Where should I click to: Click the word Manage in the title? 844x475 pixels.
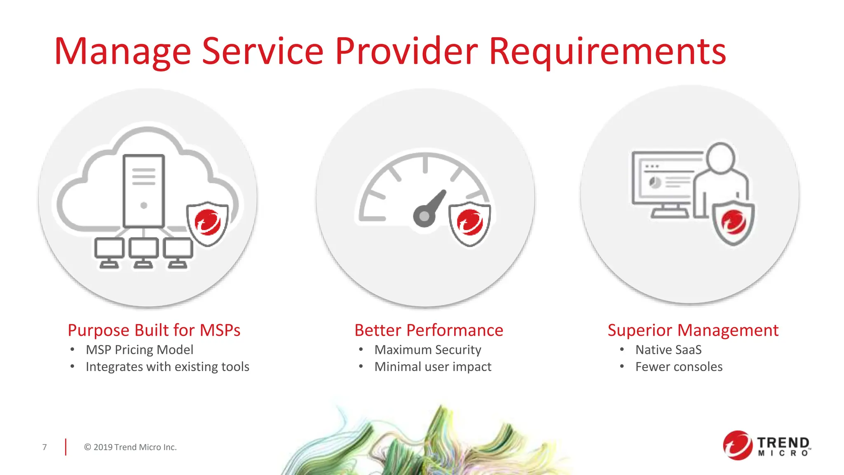tap(122, 52)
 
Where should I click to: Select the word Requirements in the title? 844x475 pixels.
tap(607, 52)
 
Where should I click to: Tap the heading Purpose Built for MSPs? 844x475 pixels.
tap(154, 330)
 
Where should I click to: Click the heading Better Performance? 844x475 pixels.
tap(429, 330)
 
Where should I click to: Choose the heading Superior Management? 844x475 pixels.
tap(693, 330)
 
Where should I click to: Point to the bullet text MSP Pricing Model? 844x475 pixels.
tap(139, 350)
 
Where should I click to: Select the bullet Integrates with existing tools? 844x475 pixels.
tap(167, 367)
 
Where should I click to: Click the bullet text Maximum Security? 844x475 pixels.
tap(427, 350)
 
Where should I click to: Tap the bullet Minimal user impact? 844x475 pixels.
tap(433, 367)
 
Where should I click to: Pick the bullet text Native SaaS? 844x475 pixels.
tap(668, 350)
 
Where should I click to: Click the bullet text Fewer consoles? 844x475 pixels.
tap(679, 367)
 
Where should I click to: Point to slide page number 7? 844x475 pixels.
tap(45, 447)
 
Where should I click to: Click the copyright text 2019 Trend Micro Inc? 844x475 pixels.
tap(130, 447)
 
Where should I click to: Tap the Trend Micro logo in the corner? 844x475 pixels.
tap(766, 446)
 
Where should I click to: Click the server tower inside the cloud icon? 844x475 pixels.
tap(144, 191)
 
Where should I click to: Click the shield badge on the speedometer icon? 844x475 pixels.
tap(469, 223)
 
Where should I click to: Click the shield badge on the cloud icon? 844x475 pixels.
tap(207, 223)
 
